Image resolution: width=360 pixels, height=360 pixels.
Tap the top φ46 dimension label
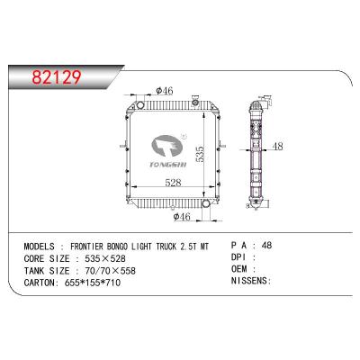pyautogui.click(x=164, y=90)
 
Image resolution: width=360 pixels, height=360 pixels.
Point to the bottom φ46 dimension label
pyautogui.click(x=183, y=216)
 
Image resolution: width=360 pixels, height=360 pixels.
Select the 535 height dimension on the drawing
pyautogui.click(x=213, y=154)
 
